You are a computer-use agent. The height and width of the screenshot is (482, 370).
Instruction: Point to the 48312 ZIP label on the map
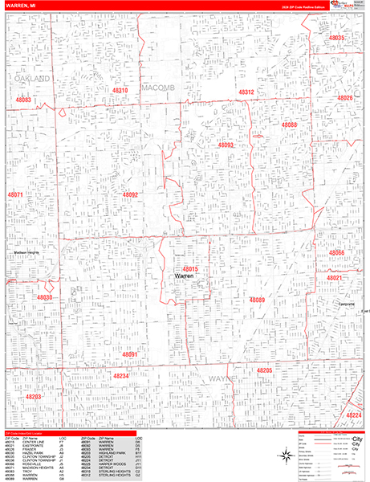click(x=246, y=92)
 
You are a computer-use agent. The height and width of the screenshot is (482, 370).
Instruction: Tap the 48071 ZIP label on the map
click(x=15, y=194)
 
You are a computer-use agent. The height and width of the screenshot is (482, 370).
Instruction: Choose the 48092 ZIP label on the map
click(x=131, y=194)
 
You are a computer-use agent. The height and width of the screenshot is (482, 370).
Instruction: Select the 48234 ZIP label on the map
click(x=120, y=375)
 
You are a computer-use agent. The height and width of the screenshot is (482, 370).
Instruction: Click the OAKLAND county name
click(x=32, y=79)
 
